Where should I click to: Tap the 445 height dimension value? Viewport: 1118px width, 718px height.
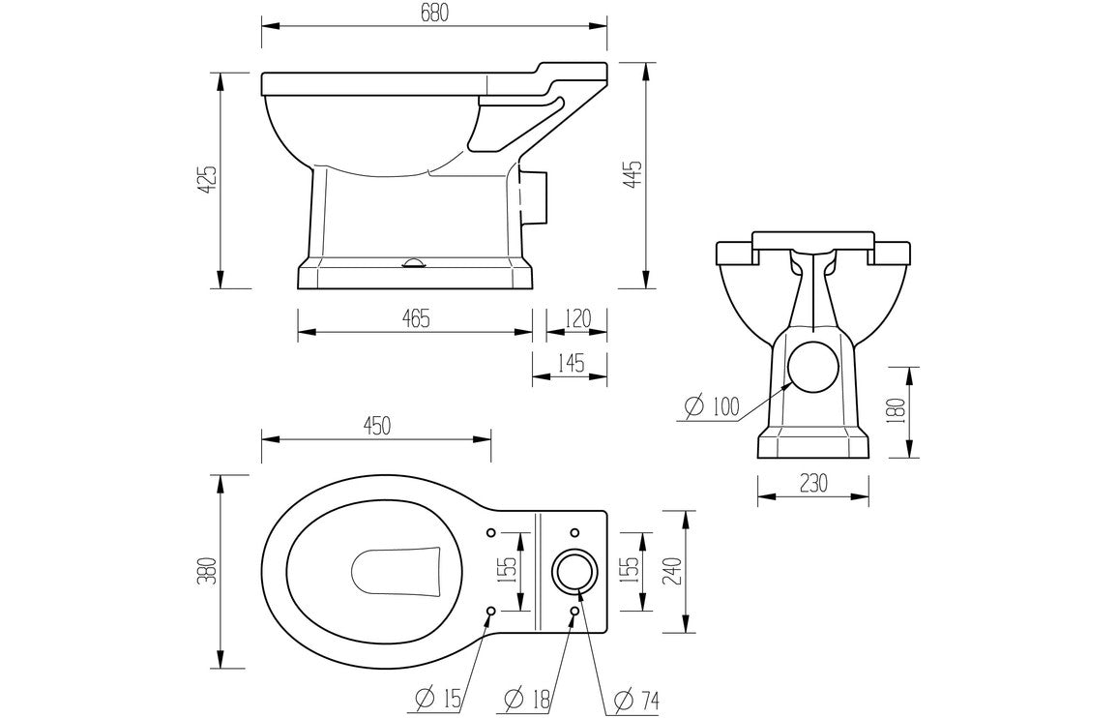tap(634, 175)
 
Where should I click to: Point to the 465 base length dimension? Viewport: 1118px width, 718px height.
tap(415, 316)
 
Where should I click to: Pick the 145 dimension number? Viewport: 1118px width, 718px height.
tap(571, 363)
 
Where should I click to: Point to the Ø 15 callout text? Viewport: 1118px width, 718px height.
tap(440, 697)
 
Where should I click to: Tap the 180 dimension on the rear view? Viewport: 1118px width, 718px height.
tap(896, 411)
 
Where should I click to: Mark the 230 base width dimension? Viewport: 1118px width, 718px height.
tap(813, 484)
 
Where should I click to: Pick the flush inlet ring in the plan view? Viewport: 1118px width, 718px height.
tap(574, 571)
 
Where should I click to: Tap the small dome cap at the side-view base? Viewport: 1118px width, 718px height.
tap(414, 262)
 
